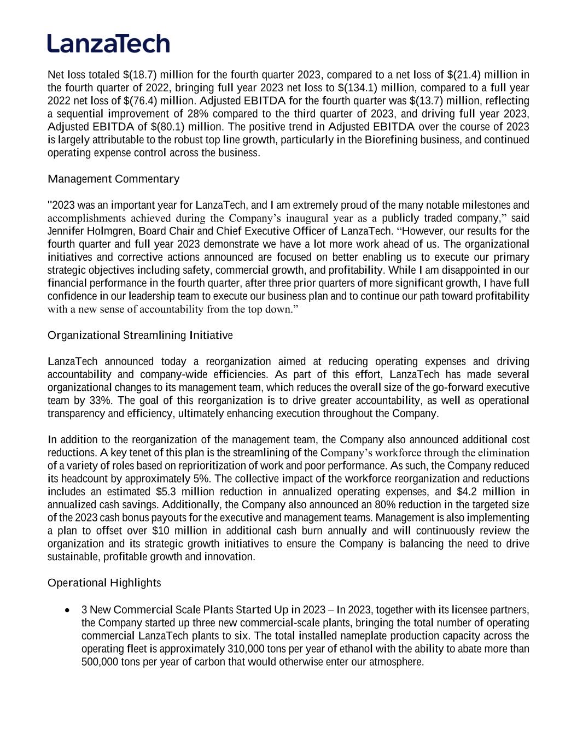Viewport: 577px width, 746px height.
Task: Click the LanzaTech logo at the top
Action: [x=108, y=43]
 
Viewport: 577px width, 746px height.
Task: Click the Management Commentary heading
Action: [x=113, y=179]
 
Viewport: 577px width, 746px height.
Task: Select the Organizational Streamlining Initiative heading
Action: [x=140, y=335]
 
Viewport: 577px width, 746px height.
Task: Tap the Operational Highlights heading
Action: [x=104, y=583]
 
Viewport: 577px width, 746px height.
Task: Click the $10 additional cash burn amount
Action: [x=161, y=531]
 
